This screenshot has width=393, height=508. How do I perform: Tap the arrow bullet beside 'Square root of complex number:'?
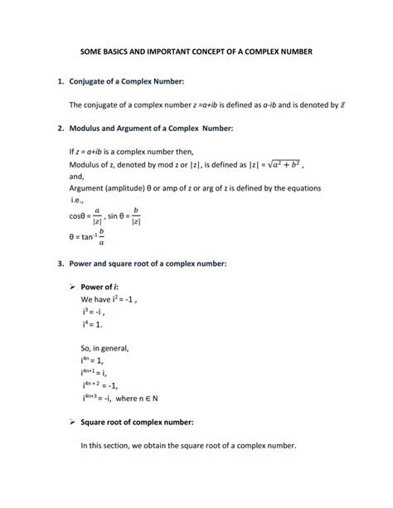72,423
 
